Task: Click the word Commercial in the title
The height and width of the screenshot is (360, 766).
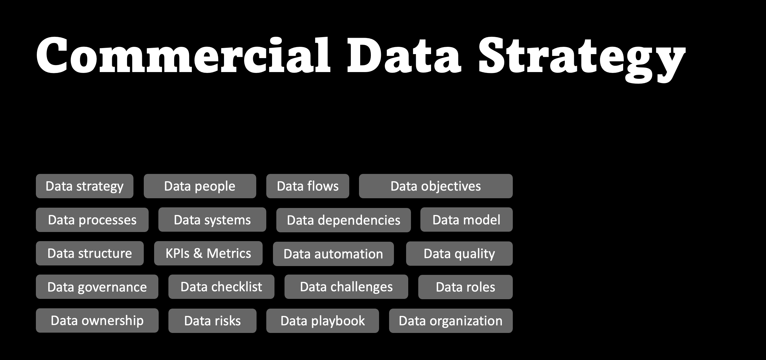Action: (x=183, y=56)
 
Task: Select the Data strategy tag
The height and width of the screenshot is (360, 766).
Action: (x=85, y=186)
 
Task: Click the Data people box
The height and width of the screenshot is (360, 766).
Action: (x=200, y=186)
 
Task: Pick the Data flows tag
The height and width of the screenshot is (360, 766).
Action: (x=308, y=186)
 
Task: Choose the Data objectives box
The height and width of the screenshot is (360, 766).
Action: (x=436, y=186)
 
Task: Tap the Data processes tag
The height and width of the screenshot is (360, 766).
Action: (x=92, y=220)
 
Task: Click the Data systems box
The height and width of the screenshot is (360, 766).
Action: (x=212, y=220)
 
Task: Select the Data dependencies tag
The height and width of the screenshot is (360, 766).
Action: (x=343, y=220)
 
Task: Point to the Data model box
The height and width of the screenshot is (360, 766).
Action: (x=466, y=220)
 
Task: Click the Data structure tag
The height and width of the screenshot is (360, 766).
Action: (x=90, y=253)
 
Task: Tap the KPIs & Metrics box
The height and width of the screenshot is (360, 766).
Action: (x=208, y=253)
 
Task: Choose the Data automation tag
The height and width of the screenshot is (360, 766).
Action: (x=333, y=254)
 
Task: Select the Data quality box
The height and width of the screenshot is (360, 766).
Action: (x=459, y=254)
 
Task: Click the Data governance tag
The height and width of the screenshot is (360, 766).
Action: (x=97, y=287)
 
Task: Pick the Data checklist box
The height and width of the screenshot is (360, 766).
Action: (x=221, y=287)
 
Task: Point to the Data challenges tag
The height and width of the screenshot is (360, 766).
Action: (x=346, y=287)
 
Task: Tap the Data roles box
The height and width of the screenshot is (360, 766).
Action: (x=465, y=287)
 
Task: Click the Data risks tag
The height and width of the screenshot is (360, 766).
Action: (x=212, y=321)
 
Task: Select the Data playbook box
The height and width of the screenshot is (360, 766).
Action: (x=323, y=321)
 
